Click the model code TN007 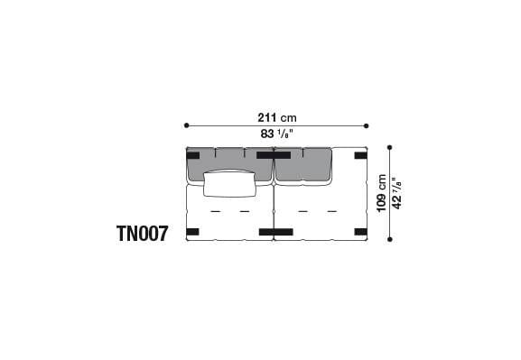pyautogui.click(x=142, y=234)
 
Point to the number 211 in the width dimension pyautogui.click(x=266, y=116)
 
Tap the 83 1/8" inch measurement pyautogui.click(x=276, y=134)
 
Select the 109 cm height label pyautogui.click(x=383, y=192)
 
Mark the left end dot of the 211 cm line pyautogui.click(x=187, y=125)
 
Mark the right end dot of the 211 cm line pyautogui.click(x=367, y=125)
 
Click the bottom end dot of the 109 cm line pyautogui.click(x=389, y=239)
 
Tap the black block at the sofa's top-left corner pyautogui.click(x=192, y=155)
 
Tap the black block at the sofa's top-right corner pyautogui.click(x=360, y=155)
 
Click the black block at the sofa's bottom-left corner pyautogui.click(x=192, y=232)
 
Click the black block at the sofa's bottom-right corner pyautogui.click(x=360, y=232)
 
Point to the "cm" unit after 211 pyautogui.click(x=289, y=116)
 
